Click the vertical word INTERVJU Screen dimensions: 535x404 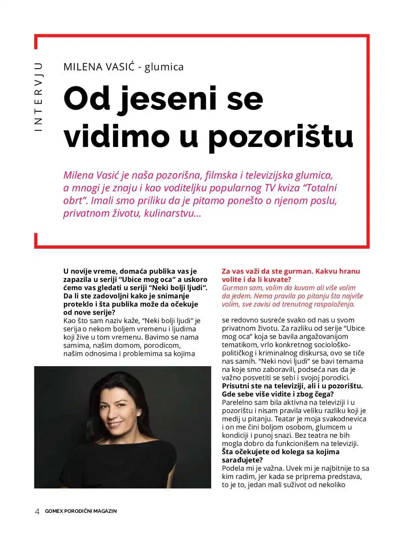[39, 97]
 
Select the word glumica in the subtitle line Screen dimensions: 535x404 [164, 67]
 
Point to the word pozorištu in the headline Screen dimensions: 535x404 [280, 136]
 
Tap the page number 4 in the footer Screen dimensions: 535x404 [37, 511]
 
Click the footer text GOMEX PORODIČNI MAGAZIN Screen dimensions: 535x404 [81, 511]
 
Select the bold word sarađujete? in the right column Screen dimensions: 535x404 [242, 460]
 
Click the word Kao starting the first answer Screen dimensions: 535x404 [70, 321]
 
